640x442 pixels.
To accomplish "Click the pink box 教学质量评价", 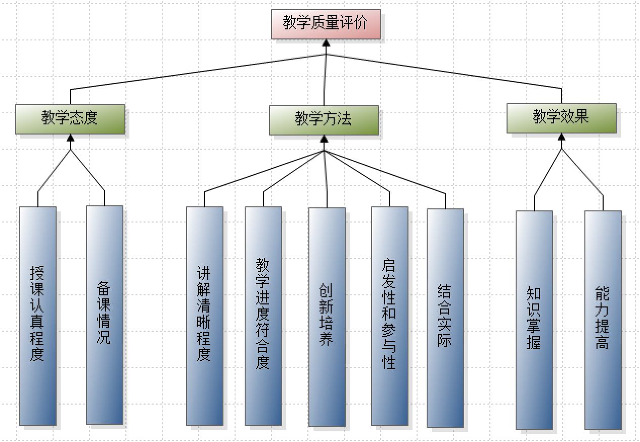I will click(326, 24).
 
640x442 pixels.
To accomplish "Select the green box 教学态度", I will click(70, 119).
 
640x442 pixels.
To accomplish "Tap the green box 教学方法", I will click(324, 120).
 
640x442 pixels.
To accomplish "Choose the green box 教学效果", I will click(561, 118).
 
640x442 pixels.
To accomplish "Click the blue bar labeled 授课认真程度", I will click(38, 316).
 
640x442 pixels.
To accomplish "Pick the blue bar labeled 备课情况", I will click(104, 315).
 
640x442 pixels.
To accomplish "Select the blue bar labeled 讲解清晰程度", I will click(204, 316).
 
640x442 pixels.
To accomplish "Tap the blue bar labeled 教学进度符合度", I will click(263, 316).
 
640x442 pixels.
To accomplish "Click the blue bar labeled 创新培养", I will click(327, 317).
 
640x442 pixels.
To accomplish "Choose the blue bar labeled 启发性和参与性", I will click(389, 316).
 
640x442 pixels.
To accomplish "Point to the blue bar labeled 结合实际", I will click(445, 318).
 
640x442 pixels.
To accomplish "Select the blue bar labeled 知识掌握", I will click(534, 320).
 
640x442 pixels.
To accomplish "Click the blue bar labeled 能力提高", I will click(603, 320).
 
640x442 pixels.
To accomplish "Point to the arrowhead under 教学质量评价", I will click(326, 43).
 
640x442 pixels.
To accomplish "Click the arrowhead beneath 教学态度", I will click(70, 138).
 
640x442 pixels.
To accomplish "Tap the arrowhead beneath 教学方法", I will click(324, 139).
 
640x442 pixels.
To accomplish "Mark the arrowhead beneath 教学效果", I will click(561, 137).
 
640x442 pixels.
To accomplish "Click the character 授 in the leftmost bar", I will click(37, 274).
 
